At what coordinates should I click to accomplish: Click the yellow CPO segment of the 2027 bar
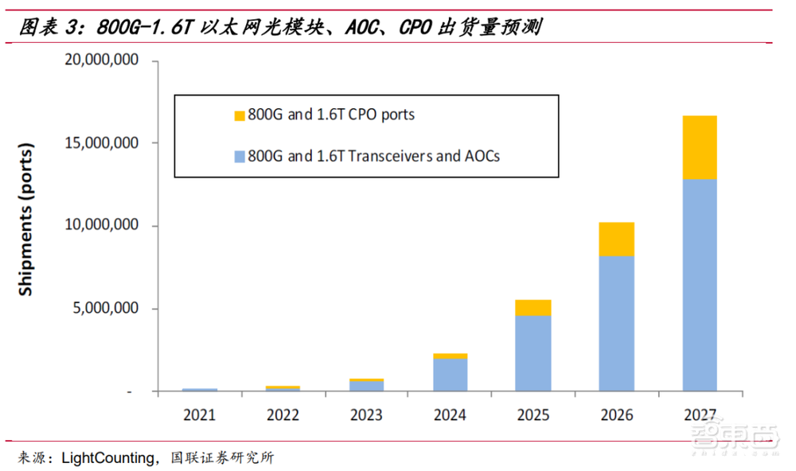point(699,147)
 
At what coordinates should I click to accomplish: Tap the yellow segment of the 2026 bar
point(616,239)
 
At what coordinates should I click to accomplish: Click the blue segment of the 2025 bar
point(533,353)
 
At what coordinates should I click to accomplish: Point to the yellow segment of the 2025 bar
point(533,308)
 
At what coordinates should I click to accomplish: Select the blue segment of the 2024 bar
point(450,375)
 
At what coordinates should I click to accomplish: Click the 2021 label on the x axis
point(200,415)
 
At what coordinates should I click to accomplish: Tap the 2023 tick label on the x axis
point(366,415)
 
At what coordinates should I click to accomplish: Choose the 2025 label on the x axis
point(533,415)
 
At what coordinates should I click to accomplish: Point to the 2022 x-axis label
point(283,415)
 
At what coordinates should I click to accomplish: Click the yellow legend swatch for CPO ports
point(240,116)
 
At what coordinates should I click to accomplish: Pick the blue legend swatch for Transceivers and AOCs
point(240,157)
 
